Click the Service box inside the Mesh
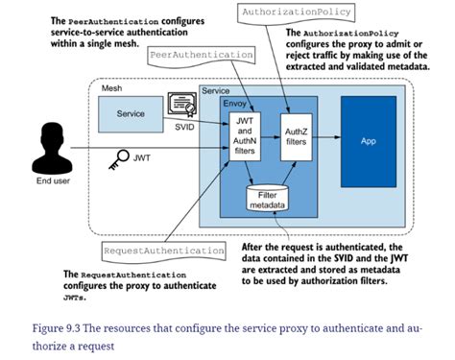132,113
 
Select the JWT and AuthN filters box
244,136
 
